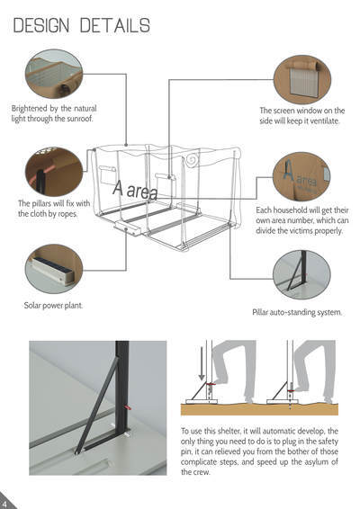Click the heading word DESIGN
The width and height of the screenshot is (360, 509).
coord(41,25)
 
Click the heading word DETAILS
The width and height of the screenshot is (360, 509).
coord(115,25)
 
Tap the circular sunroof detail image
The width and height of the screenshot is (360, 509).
coord(54,74)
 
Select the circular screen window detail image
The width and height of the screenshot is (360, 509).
coord(302,79)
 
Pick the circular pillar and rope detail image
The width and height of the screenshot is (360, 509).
coord(54,172)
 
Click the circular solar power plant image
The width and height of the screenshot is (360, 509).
coord(54,269)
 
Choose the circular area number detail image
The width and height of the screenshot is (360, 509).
coord(301,177)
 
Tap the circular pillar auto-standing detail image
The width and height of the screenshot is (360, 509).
coord(301,274)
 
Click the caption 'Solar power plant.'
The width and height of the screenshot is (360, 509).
coord(53,306)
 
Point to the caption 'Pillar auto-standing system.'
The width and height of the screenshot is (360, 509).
coord(297,312)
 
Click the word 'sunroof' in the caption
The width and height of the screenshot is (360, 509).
coord(79,119)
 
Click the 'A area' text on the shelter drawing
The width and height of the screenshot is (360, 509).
coord(135,190)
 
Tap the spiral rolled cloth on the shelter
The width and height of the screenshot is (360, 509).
coord(192,160)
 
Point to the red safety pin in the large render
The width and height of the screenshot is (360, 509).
coord(128,406)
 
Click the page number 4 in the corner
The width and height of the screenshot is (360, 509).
coord(4,505)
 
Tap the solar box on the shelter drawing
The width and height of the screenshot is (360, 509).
coord(128,228)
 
